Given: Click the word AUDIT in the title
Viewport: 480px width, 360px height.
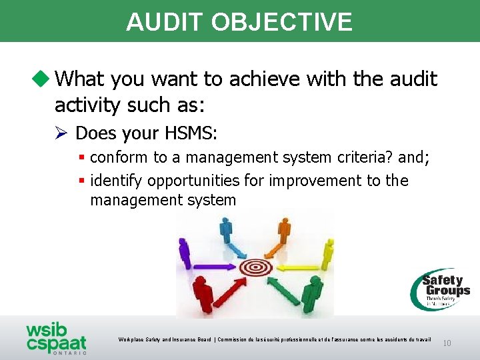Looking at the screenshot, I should point(165,22).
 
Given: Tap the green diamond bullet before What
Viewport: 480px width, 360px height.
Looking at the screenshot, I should point(43,79).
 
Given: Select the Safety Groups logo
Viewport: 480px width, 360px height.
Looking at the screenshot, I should point(440,289).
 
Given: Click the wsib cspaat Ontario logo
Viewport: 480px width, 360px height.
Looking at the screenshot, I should point(57,339).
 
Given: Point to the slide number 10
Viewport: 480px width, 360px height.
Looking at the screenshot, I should point(447,343).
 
